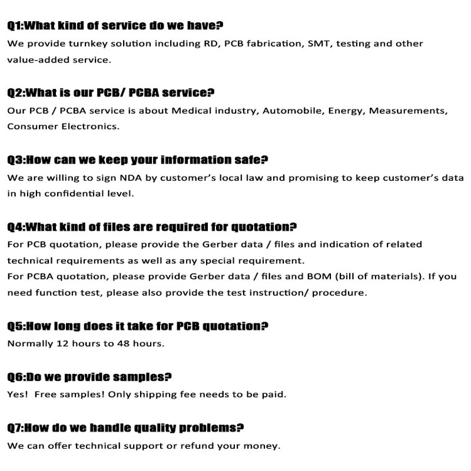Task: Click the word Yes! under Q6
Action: (x=17, y=394)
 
